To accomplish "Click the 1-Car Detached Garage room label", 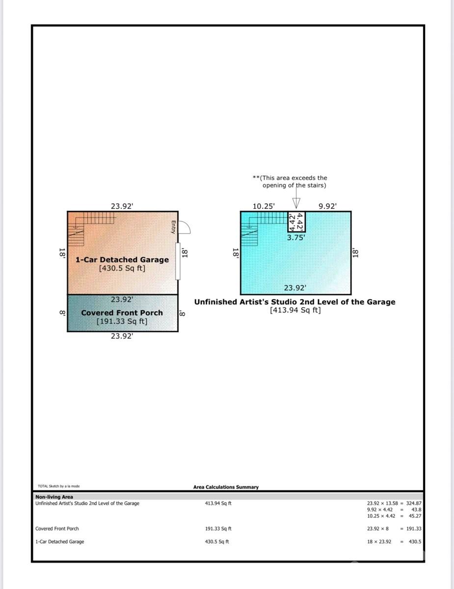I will pyautogui.click(x=122, y=260).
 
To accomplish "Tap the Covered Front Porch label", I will pyautogui.click(x=122, y=313).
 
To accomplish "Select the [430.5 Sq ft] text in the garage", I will pyautogui.click(x=122, y=268).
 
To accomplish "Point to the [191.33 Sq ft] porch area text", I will pyautogui.click(x=122, y=321).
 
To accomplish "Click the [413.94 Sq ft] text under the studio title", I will pyautogui.click(x=295, y=310).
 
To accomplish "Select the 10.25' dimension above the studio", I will pyautogui.click(x=264, y=207).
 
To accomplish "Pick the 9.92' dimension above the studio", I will pyautogui.click(x=327, y=207).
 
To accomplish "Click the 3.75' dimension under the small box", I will pyautogui.click(x=296, y=237).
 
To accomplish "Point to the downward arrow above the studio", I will pyautogui.click(x=296, y=203).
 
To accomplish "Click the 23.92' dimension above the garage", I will pyautogui.click(x=122, y=207).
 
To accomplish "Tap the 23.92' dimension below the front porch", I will pyautogui.click(x=122, y=336).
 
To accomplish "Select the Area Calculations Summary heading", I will pyautogui.click(x=226, y=487).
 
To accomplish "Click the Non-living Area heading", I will pyautogui.click(x=54, y=497).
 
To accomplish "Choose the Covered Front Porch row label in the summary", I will pyautogui.click(x=57, y=529).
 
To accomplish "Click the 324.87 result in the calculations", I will pyautogui.click(x=414, y=503).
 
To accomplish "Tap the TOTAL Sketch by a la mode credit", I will pyautogui.click(x=58, y=486).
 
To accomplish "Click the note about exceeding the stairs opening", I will pyautogui.click(x=290, y=182).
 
